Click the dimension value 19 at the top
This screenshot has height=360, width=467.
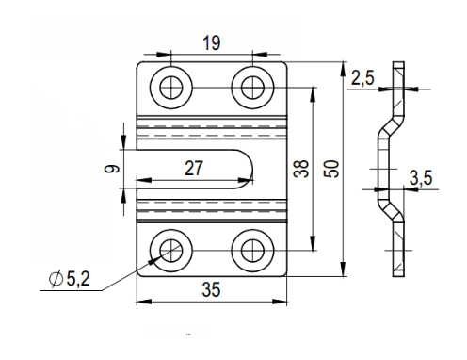pyautogui.click(x=212, y=43)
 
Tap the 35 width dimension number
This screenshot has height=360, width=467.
pyautogui.click(x=211, y=289)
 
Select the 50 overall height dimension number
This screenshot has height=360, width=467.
pyautogui.click(x=333, y=169)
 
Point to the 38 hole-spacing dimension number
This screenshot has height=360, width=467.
pyautogui.click(x=301, y=169)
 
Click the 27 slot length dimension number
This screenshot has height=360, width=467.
pyautogui.click(x=194, y=169)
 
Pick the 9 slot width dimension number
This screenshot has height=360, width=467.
pyautogui.click(x=112, y=169)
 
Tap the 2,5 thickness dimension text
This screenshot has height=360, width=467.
pyautogui.click(x=362, y=77)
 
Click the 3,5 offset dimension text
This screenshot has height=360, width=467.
pyautogui.click(x=421, y=178)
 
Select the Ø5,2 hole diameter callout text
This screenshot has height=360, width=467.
pyautogui.click(x=70, y=279)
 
